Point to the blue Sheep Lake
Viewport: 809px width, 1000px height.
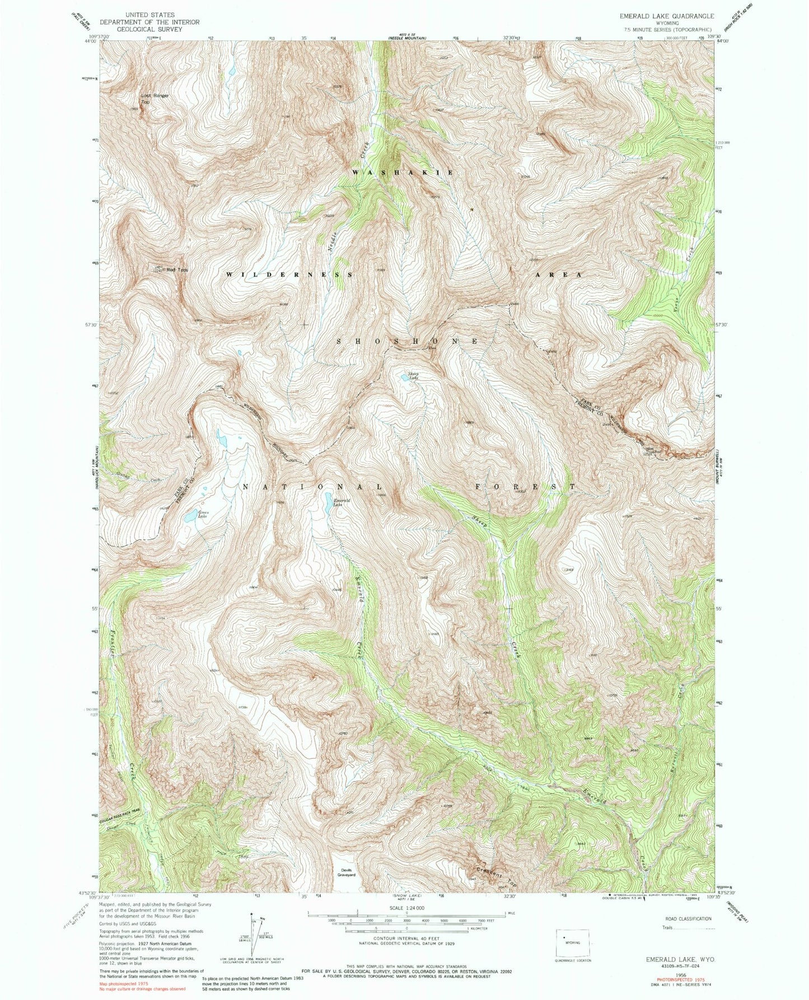tap(404, 377)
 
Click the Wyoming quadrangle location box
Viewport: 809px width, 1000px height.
tap(572, 943)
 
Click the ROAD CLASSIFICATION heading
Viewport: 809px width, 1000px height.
tap(688, 919)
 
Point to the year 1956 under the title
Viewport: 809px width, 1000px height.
tap(680, 975)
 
